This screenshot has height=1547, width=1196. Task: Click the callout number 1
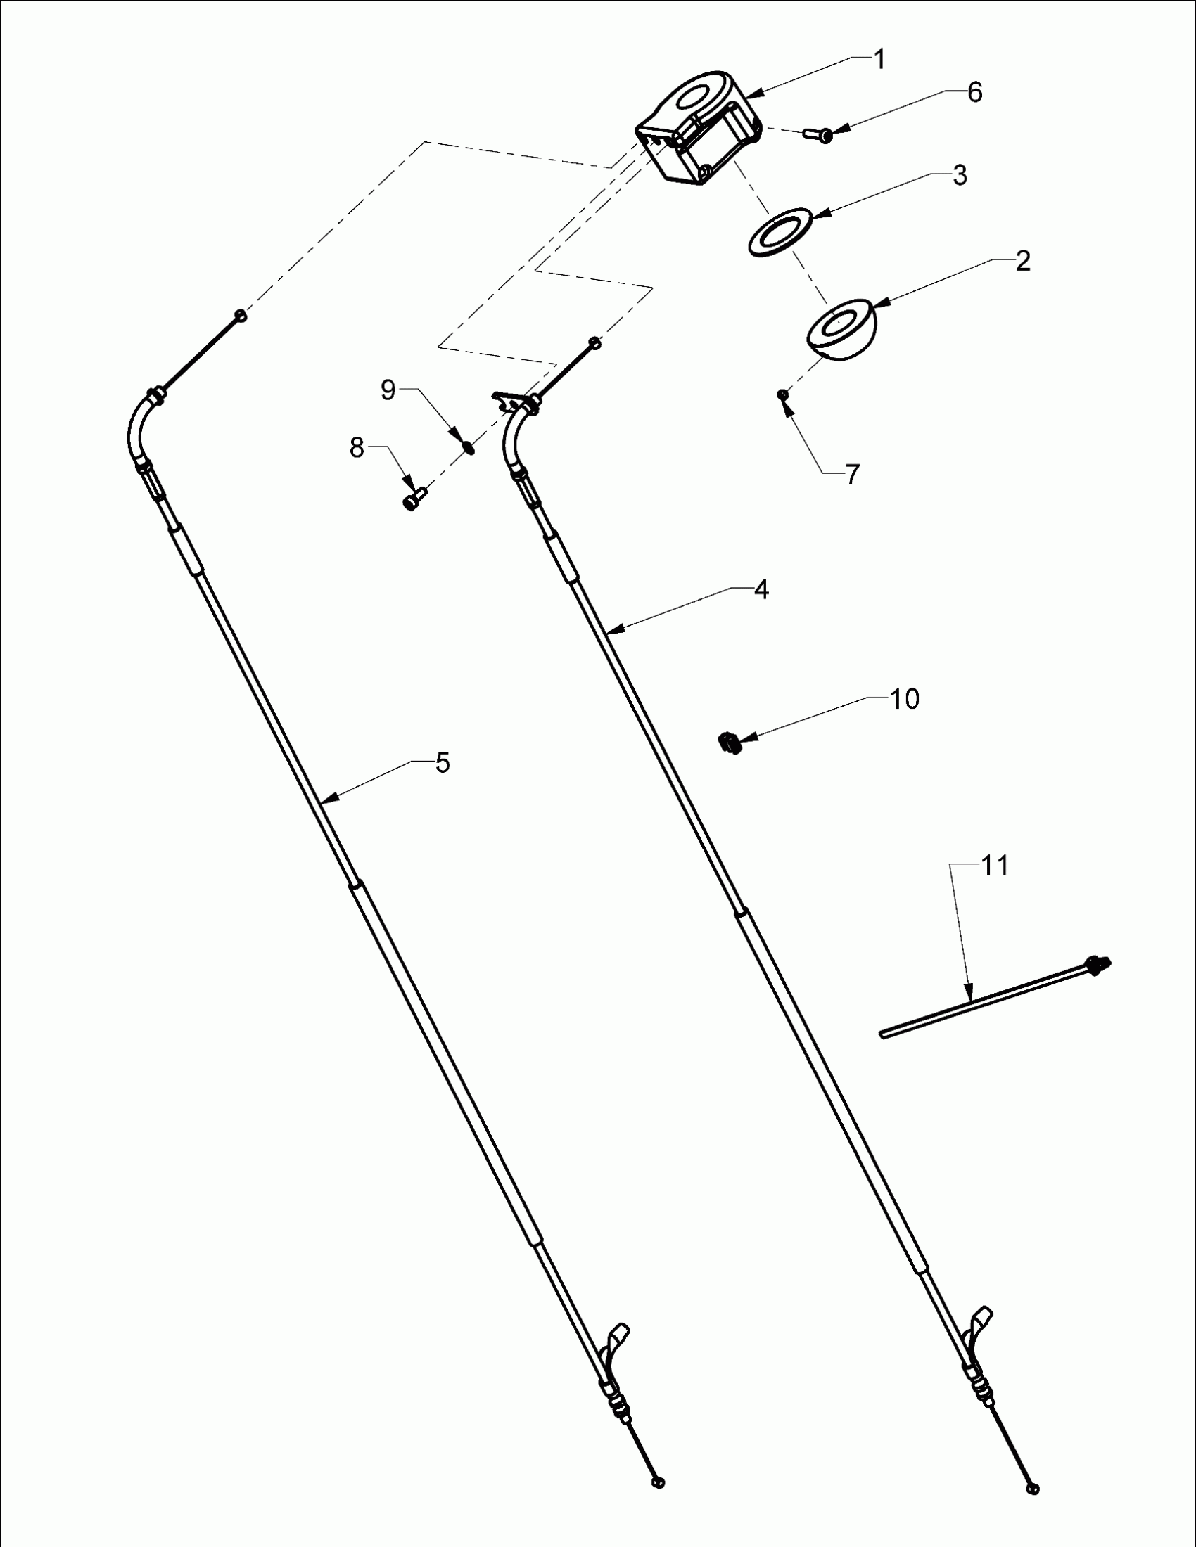879,60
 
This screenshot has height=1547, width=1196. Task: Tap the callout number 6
975,92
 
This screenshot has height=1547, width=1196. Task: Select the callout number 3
960,175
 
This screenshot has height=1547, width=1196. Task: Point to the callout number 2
1022,262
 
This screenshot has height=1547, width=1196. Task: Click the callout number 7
852,474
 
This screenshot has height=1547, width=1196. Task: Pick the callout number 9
388,390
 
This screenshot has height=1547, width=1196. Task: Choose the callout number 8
357,448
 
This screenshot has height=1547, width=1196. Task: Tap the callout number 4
761,589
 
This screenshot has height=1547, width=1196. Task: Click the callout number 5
442,763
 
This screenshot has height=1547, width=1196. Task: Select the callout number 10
905,699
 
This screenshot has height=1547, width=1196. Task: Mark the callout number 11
994,865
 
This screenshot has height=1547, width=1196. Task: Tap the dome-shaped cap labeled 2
842,329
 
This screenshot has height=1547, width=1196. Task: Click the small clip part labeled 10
729,743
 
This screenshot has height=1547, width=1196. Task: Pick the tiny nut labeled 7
782,394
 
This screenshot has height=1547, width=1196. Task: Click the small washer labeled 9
468,447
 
